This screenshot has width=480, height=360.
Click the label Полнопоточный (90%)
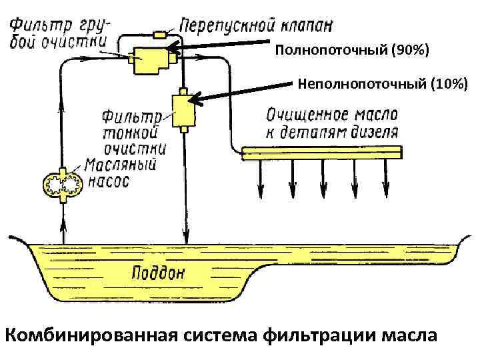coord(352,50)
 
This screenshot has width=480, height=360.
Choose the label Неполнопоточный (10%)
coord(383,84)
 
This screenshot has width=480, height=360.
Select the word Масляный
coord(121,165)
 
